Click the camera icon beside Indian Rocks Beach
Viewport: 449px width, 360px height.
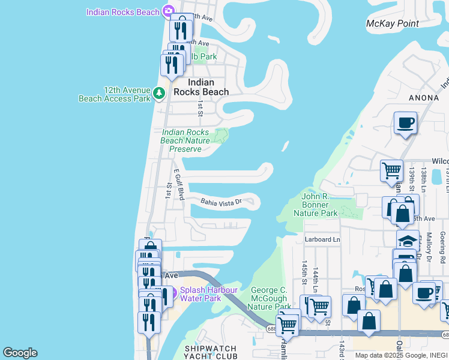(169, 11)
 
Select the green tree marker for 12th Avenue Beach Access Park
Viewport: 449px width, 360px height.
(158, 93)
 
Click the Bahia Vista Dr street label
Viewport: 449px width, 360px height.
(221, 203)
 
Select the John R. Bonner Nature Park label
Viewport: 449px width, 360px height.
(319, 205)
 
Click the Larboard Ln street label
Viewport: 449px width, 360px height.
(322, 239)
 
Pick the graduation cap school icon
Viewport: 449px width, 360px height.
(408, 241)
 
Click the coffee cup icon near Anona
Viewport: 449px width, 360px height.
(406, 123)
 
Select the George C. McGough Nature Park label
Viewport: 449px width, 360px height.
(270, 298)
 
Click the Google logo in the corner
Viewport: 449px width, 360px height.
(20, 353)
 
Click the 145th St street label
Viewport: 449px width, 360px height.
(304, 271)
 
